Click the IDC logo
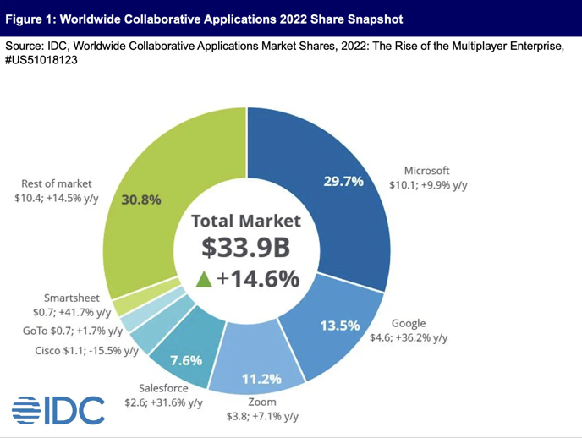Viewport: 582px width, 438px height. click(x=58, y=410)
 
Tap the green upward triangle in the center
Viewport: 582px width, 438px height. click(x=204, y=280)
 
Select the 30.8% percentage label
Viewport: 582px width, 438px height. click(x=141, y=200)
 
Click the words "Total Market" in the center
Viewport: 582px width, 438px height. click(x=245, y=222)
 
